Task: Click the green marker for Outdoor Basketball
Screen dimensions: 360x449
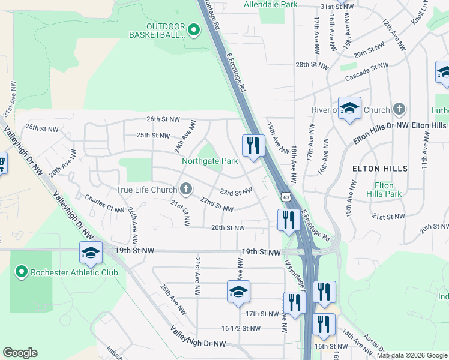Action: (193, 29)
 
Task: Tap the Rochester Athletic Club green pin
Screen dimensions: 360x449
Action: (22, 272)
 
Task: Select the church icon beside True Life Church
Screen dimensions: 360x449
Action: (186, 190)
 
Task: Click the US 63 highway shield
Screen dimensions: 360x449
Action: (285, 196)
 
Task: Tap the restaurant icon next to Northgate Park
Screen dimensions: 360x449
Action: (253, 146)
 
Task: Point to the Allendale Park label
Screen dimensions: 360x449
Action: (270, 4)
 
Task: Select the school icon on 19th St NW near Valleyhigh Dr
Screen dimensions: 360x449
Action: (91, 253)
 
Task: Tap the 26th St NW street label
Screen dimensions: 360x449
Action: (163, 119)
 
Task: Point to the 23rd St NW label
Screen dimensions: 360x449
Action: (235, 192)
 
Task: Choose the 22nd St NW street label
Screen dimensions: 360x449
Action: (216, 205)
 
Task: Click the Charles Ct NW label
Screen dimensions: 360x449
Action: (104, 203)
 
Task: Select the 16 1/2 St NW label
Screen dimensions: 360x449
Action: (241, 328)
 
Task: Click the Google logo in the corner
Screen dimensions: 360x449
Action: (20, 353)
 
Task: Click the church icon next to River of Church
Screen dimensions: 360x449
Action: (399, 110)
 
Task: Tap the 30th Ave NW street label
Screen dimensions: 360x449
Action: (64, 163)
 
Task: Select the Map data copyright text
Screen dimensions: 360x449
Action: (412, 355)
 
